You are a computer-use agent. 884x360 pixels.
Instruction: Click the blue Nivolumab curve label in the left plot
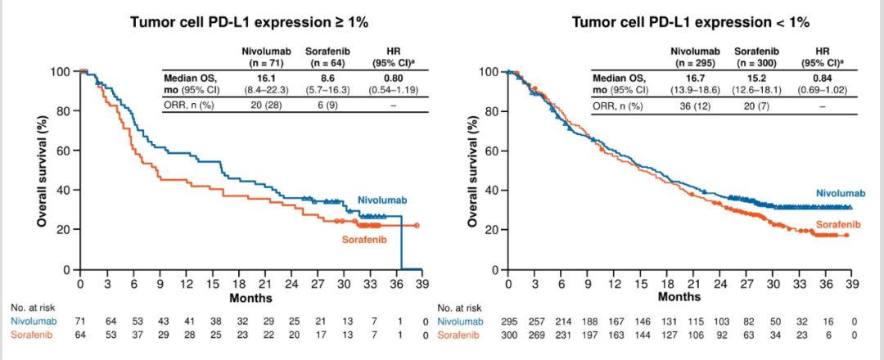(x=382, y=200)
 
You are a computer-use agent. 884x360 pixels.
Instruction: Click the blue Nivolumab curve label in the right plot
(x=841, y=192)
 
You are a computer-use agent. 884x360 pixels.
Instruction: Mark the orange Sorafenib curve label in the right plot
(x=837, y=224)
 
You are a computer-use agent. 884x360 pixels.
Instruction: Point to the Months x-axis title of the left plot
(x=250, y=298)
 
